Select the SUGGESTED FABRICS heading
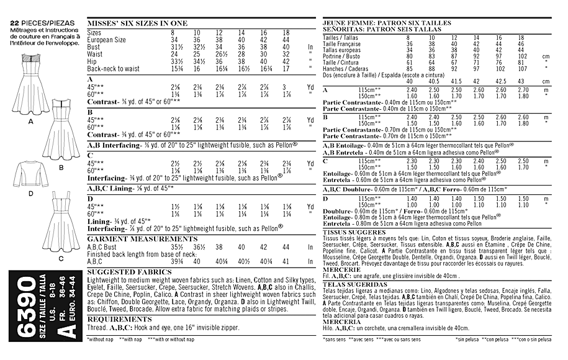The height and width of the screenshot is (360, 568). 122,272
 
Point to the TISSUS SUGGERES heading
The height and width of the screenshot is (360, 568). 352,231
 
